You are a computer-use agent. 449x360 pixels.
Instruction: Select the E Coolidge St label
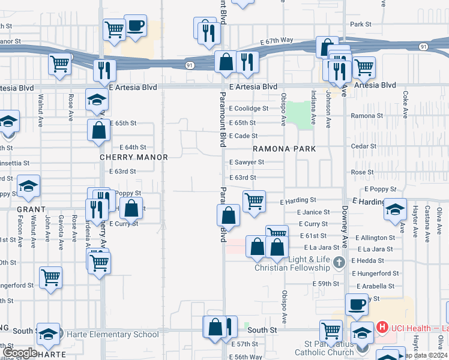coord(249,109)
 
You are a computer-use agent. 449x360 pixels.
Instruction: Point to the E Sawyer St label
coord(247,162)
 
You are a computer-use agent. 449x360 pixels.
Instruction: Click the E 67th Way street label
coord(277,40)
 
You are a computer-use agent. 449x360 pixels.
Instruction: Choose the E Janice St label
coord(313,212)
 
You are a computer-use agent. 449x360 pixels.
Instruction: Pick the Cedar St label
coord(363,146)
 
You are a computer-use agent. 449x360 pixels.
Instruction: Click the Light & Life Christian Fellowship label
coord(292,263)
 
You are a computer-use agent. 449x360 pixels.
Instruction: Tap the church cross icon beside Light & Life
coord(339,262)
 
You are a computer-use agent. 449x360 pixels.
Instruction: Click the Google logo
coord(20,353)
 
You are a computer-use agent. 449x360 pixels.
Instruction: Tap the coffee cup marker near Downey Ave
coord(356,304)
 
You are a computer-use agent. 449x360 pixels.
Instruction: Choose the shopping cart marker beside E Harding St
coord(254,200)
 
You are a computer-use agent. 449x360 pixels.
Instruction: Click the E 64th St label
coord(133,147)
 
